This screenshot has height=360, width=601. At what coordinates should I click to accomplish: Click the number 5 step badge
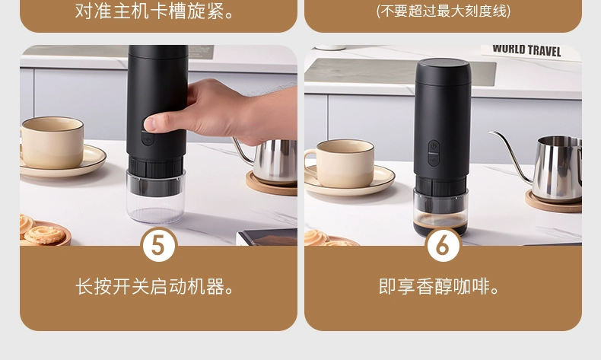pyautogui.click(x=159, y=244)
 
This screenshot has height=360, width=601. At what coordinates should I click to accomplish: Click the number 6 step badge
pyautogui.click(x=443, y=244)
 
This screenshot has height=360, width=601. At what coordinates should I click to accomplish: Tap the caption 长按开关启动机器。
pyautogui.click(x=155, y=286)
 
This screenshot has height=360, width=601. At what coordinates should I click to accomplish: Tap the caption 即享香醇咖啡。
pyautogui.click(x=439, y=286)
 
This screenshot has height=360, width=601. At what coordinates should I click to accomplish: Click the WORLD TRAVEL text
pyautogui.click(x=526, y=50)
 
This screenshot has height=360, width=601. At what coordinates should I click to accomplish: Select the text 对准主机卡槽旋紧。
pyautogui.click(x=155, y=11)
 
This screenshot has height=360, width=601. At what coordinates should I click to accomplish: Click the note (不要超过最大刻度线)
pyautogui.click(x=443, y=11)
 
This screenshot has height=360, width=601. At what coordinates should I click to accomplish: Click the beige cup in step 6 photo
pyautogui.click(x=340, y=164)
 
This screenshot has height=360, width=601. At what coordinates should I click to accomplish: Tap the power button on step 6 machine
pyautogui.click(x=434, y=146)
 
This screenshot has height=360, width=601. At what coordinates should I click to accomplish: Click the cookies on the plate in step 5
pyautogui.click(x=41, y=229)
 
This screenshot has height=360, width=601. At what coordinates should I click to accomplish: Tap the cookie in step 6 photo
pyautogui.click(x=317, y=237)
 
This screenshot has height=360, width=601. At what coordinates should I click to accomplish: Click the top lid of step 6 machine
pyautogui.click(x=443, y=72)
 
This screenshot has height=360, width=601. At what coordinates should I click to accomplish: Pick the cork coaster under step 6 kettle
pyautogui.click(x=553, y=202)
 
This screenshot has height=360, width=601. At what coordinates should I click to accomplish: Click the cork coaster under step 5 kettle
pyautogui.click(x=271, y=184)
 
